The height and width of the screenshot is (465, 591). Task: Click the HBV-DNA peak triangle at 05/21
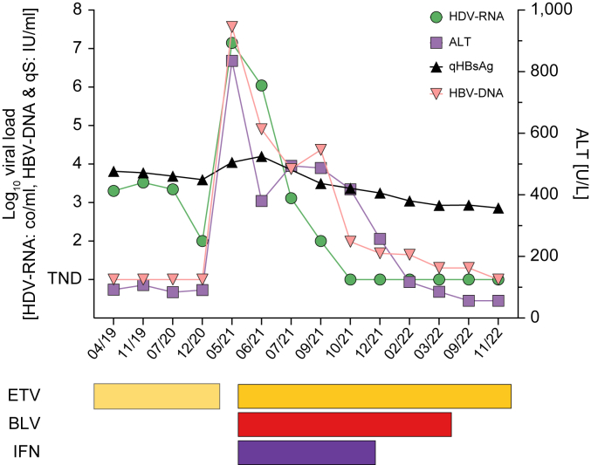click(x=232, y=27)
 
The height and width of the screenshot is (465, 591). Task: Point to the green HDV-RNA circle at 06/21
click(x=261, y=85)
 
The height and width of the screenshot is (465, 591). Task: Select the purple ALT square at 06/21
click(x=261, y=201)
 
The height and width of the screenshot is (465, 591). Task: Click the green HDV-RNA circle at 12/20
click(x=203, y=241)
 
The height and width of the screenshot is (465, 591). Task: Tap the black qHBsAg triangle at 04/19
click(x=113, y=171)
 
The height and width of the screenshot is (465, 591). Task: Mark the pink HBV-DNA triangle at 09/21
click(x=320, y=149)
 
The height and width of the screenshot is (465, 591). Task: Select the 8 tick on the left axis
click(x=78, y=10)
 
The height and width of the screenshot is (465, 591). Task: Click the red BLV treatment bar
click(x=345, y=424)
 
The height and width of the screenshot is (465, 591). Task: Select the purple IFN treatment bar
click(x=306, y=452)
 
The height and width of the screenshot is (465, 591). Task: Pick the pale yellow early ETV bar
click(x=156, y=395)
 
